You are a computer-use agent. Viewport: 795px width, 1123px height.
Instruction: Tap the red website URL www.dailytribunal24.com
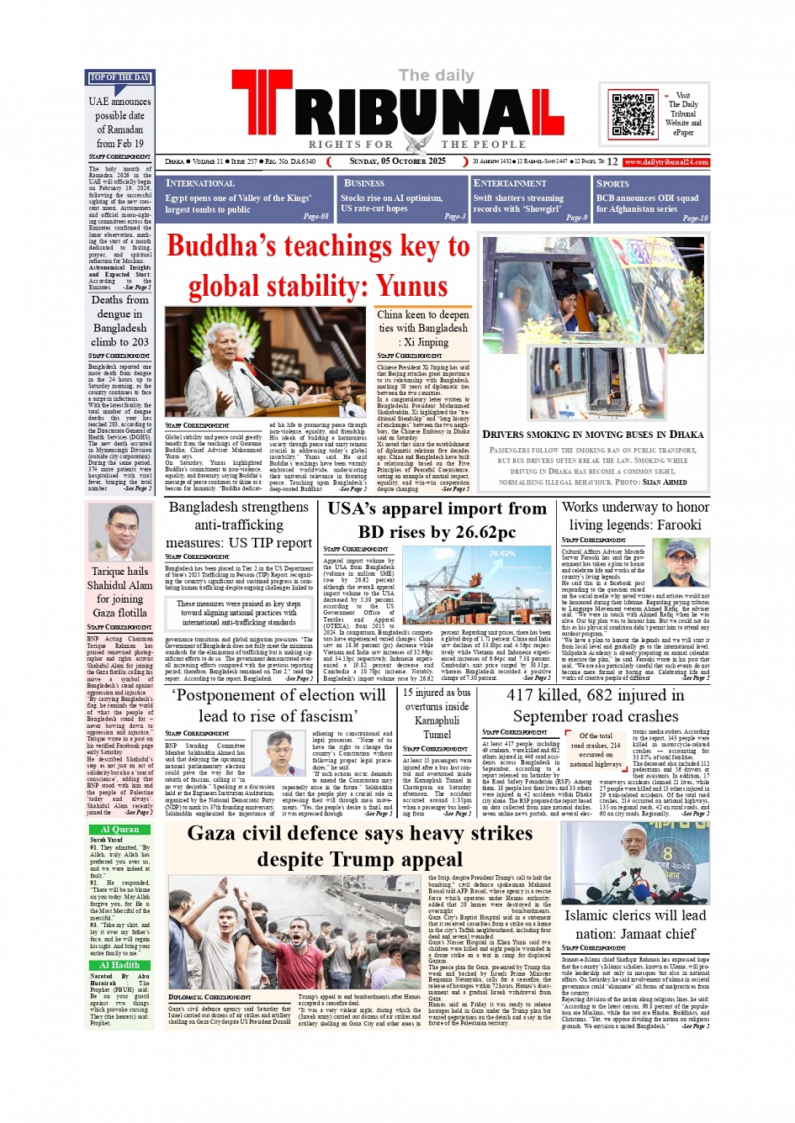coord(666,162)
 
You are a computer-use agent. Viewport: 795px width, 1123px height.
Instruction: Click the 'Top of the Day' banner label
coord(120,78)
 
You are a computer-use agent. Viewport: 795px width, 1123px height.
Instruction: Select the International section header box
coord(247,198)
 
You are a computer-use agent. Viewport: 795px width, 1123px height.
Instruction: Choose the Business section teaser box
coord(401,198)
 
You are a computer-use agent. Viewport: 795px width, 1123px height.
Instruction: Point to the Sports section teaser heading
coord(612,183)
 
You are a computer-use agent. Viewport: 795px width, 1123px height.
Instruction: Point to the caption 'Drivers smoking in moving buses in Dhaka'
coord(592,435)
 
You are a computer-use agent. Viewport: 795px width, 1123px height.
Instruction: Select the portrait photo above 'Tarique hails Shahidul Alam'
coord(120,532)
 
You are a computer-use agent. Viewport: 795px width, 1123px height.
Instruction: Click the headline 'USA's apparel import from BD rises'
coord(437,520)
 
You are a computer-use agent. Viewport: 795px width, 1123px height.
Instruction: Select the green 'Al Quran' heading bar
coord(119,829)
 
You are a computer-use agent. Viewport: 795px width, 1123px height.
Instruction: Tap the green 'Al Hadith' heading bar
coord(119,966)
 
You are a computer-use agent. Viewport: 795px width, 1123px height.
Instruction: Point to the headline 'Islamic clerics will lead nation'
coord(635,924)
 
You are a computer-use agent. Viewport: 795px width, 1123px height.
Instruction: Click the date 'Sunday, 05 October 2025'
coord(398,161)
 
